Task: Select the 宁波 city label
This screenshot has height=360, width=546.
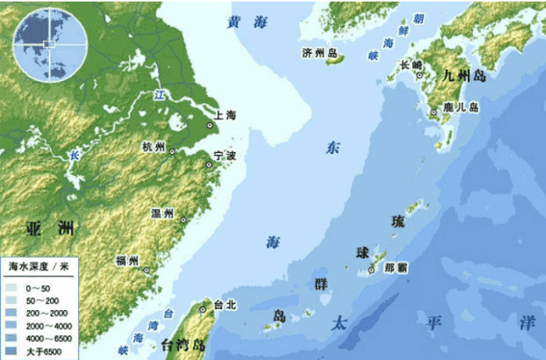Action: tap(225, 157)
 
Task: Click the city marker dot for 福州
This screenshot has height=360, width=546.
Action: tap(148, 270)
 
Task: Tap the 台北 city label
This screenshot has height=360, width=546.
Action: tap(224, 305)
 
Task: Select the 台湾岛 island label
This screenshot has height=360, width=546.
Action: tap(183, 344)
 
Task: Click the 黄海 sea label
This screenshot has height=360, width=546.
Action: tap(247, 23)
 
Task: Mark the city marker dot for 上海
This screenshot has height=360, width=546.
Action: tap(209, 125)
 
